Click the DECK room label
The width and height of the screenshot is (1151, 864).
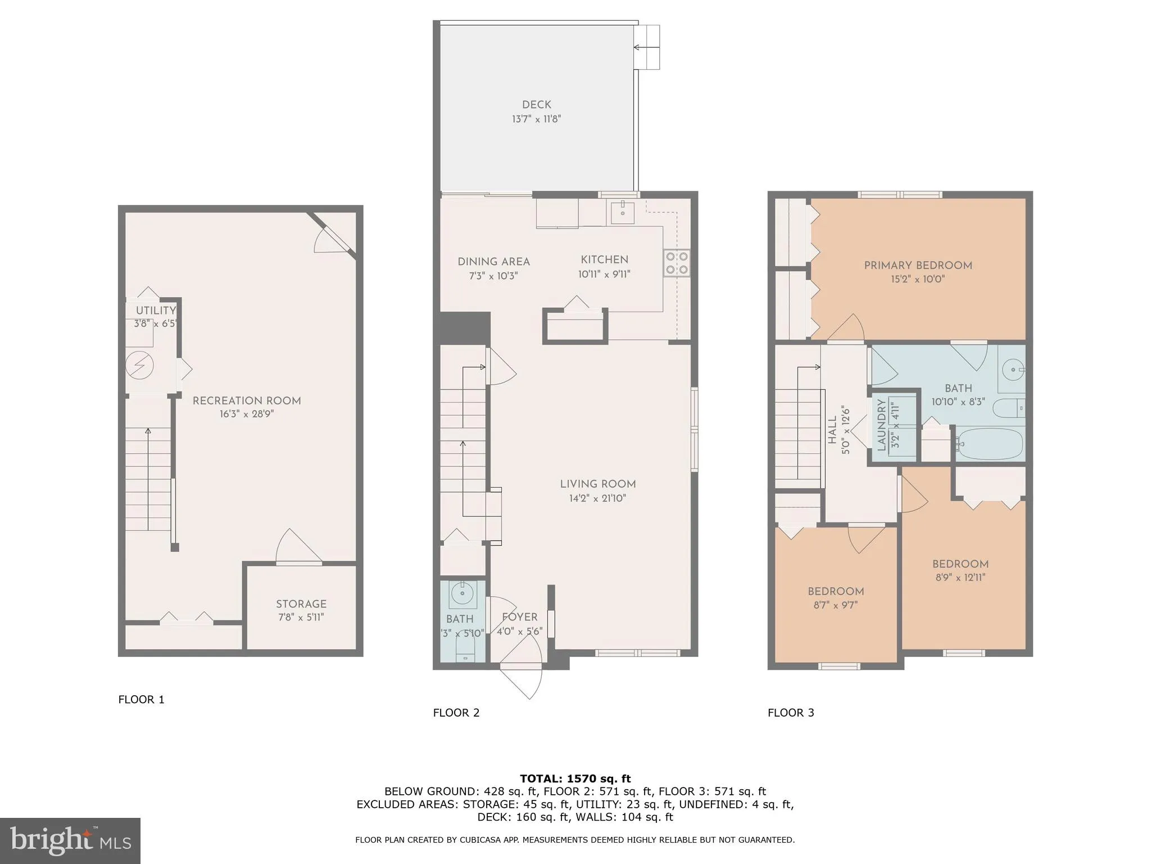[x=536, y=105]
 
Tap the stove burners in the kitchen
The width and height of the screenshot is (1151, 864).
[x=676, y=263]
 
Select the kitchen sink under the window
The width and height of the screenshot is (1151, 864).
[x=623, y=211]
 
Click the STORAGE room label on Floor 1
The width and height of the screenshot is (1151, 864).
[x=301, y=604]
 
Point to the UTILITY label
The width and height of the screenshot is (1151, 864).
[x=156, y=310]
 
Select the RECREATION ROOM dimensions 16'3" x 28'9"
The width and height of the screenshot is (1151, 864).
[x=247, y=415]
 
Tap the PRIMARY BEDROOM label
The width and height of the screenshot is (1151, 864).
[x=918, y=265]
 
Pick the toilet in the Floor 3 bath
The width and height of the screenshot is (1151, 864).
[x=1009, y=408]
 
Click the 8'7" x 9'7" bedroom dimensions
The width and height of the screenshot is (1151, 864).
[x=836, y=605]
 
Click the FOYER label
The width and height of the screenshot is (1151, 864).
[x=519, y=617]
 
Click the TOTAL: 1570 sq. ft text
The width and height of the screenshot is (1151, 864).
[x=575, y=778]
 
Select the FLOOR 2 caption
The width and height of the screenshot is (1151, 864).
[x=456, y=713]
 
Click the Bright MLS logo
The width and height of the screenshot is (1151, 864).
[x=70, y=840]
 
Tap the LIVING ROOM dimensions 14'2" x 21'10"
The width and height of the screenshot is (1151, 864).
[x=597, y=498]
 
